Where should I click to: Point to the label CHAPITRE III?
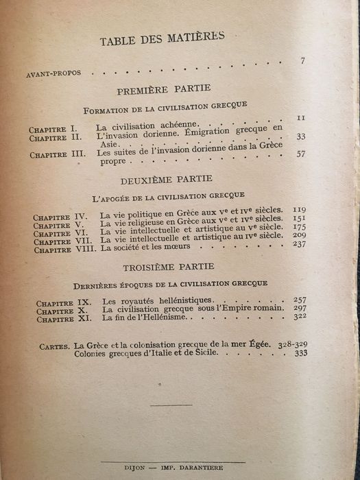[x=57, y=154]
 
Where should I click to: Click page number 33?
[x=300, y=136]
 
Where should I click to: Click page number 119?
[x=298, y=208]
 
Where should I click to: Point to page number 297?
[x=300, y=309]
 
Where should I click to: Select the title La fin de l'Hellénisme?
[x=143, y=319]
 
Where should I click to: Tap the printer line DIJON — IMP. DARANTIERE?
[x=180, y=464]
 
